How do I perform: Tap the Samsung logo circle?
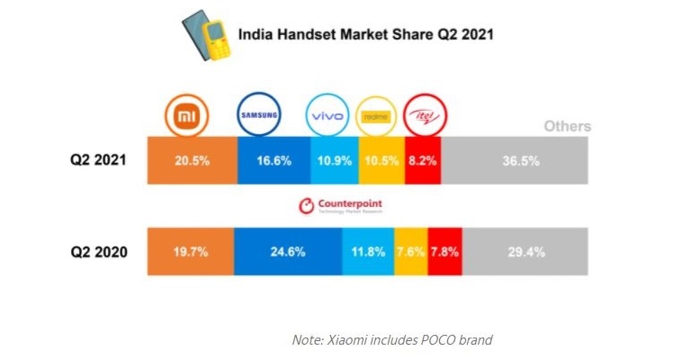pyautogui.click(x=259, y=116)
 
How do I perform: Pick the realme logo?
pyautogui.click(x=379, y=117)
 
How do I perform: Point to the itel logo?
pyautogui.click(x=426, y=116)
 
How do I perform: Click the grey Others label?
pyautogui.click(x=567, y=126)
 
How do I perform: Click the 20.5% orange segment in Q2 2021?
pyautogui.click(x=193, y=161)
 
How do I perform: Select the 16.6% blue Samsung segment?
pyautogui.click(x=274, y=161)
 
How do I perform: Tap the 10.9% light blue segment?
pyautogui.click(x=334, y=161)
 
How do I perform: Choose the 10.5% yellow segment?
pyautogui.click(x=381, y=161)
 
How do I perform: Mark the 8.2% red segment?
pyautogui.click(x=424, y=161)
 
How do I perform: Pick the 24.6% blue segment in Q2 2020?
pyautogui.click(x=288, y=251)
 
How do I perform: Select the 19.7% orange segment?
pyautogui.click(x=191, y=251)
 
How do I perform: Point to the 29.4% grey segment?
pyautogui.click(x=525, y=251)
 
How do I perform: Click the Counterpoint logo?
pyautogui.click(x=341, y=207)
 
